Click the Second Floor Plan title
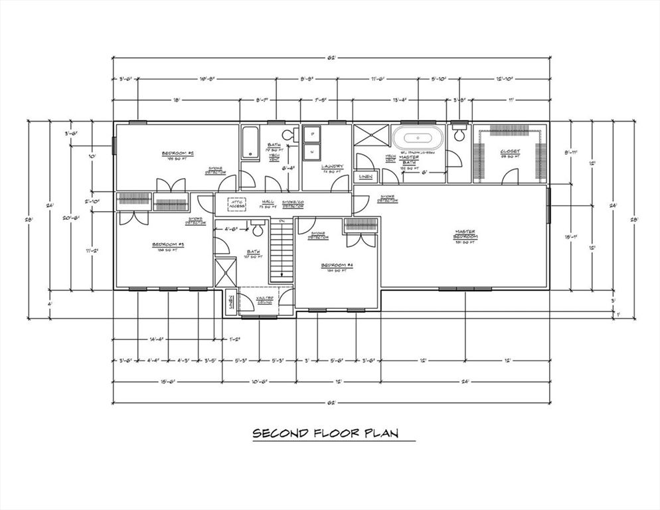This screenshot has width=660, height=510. [x=325, y=434]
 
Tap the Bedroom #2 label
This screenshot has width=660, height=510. [x=177, y=155]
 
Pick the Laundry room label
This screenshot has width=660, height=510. [x=333, y=167]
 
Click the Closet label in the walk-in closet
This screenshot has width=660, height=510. [x=510, y=151]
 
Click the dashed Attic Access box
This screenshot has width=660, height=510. [x=237, y=204]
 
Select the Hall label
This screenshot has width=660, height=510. [x=268, y=201]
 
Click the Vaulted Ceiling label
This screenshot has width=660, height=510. [x=266, y=300]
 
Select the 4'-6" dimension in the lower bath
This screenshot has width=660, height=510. [x=231, y=230]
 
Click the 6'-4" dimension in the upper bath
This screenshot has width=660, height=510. [x=288, y=168]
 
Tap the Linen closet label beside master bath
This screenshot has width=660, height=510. [x=366, y=177]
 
